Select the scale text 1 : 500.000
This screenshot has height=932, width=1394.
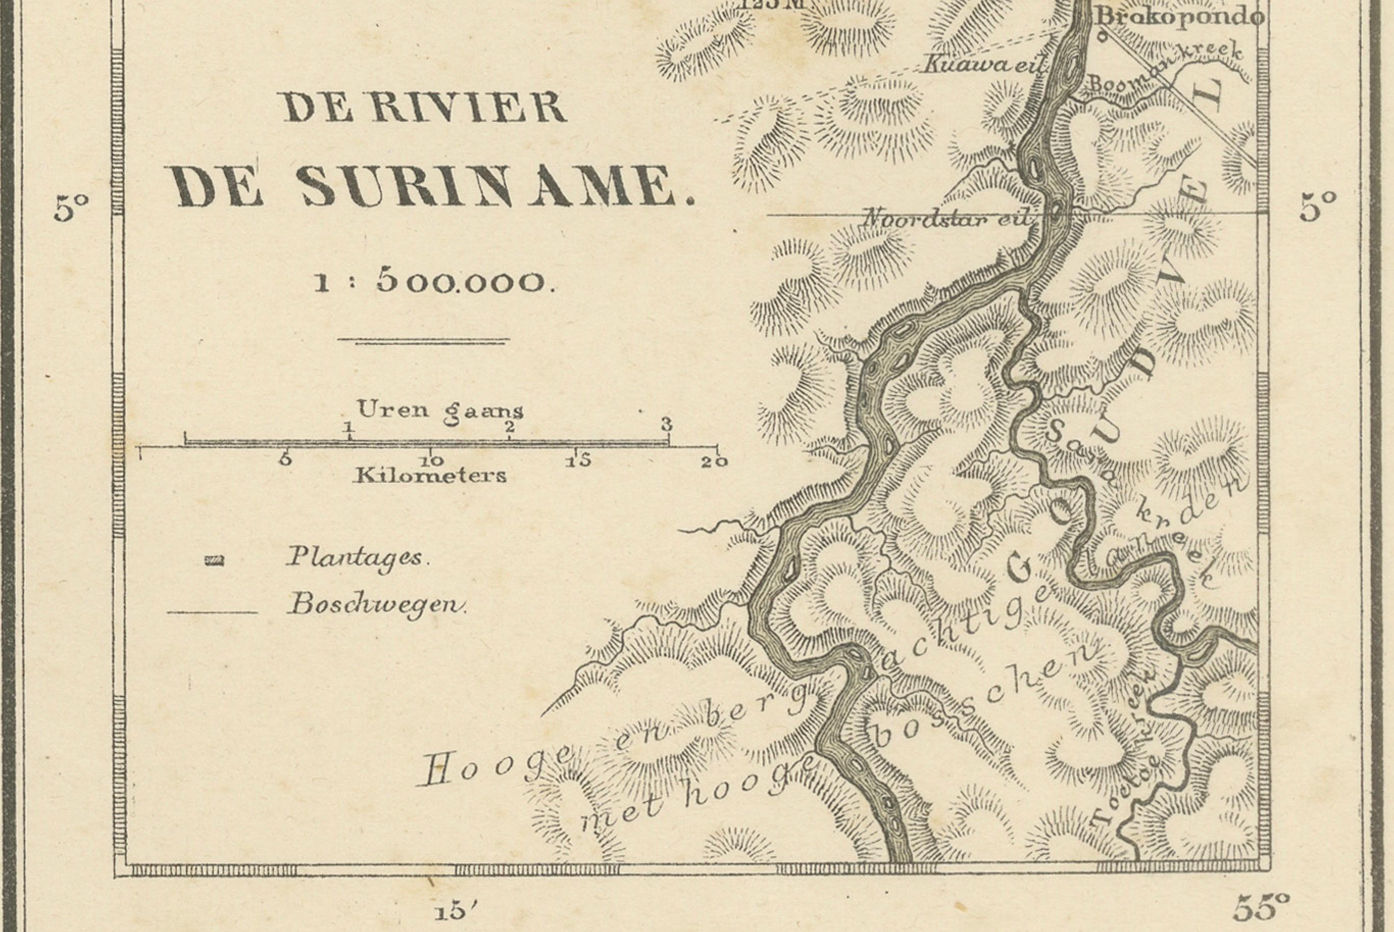(435, 282)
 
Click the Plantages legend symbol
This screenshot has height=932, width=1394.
(214, 560)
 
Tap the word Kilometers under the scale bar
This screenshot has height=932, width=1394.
(430, 476)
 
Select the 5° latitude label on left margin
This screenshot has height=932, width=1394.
(71, 209)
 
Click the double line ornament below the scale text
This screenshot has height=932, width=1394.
(424, 341)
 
